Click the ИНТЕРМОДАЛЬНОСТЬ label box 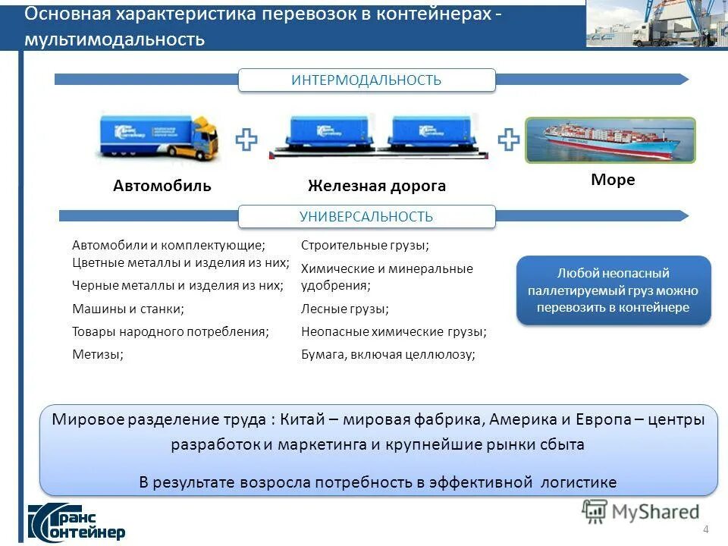[x=366, y=80]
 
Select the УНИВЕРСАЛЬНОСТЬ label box [x=366, y=217]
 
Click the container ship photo [x=610, y=140]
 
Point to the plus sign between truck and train [x=246, y=140]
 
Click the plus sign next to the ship [x=508, y=139]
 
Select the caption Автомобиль [x=162, y=186]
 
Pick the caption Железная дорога [x=376, y=186]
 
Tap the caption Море [x=613, y=180]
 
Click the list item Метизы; [x=97, y=353]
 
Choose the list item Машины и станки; [x=128, y=309]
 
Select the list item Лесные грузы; [x=345, y=309]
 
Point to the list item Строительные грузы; [x=365, y=245]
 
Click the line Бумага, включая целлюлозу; [x=388, y=353]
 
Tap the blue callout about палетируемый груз [x=613, y=290]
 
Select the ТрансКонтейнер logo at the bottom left [x=76, y=521]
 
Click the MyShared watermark [x=641, y=512]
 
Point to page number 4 [x=706, y=529]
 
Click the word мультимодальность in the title [x=115, y=39]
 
